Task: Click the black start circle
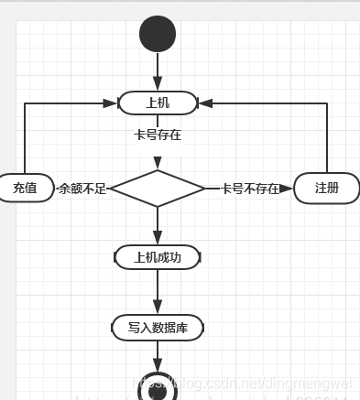(x=158, y=34)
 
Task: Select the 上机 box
(x=158, y=103)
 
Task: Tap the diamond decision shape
(x=158, y=189)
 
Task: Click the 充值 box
(x=26, y=188)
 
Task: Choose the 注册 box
(x=326, y=188)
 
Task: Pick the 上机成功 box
(x=158, y=257)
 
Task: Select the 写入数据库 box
(x=158, y=327)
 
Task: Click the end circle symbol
(x=158, y=388)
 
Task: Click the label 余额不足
(x=82, y=189)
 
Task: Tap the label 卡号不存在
(x=249, y=189)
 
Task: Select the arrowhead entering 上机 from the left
(x=113, y=103)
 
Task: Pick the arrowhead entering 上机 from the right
(x=204, y=103)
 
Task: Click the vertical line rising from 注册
(x=327, y=137)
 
